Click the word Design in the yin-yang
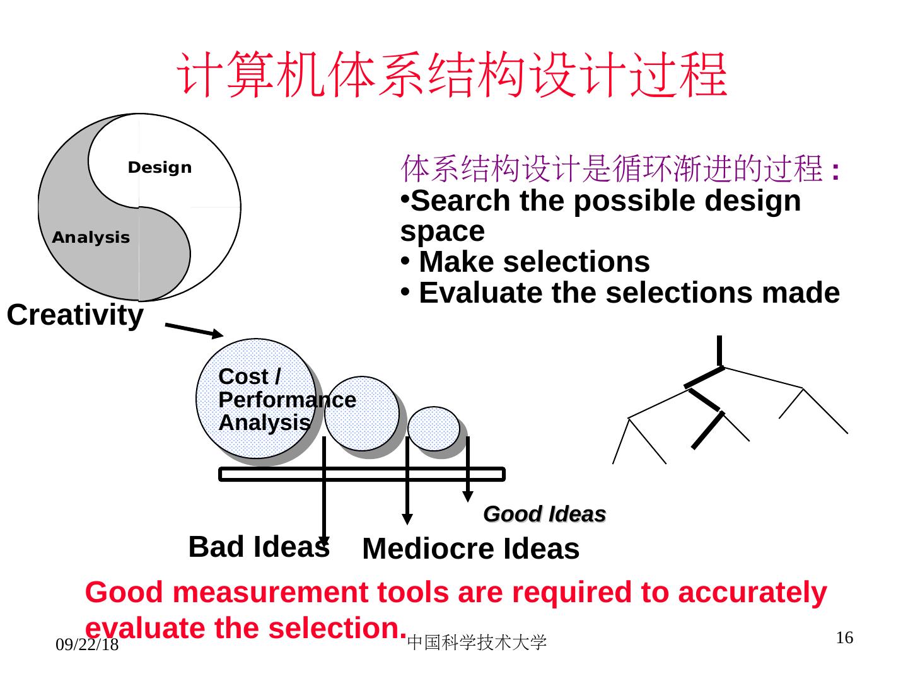[160, 168]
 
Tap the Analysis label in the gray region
[91, 238]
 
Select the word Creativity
[75, 315]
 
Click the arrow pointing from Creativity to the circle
[194, 330]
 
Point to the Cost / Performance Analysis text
[265, 400]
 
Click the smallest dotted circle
[434, 428]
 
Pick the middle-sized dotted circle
[362, 413]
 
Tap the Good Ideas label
[544, 515]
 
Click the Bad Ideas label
[259, 547]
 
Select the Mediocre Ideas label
[470, 549]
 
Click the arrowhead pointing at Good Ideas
[468, 496]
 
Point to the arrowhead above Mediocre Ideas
[408, 518]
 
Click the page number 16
[844, 638]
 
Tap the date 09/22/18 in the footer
[87, 644]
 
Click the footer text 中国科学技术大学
[477, 643]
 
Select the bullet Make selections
[533, 262]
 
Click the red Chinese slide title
[452, 75]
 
